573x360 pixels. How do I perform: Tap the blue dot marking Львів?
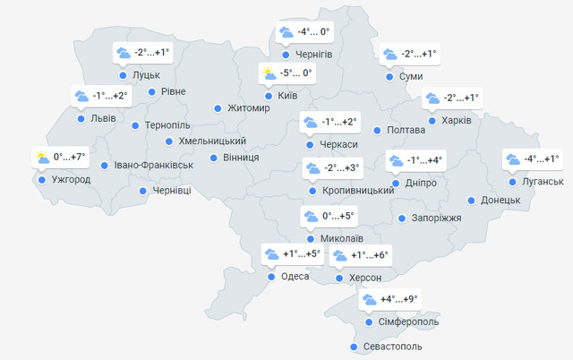[x=81, y=118]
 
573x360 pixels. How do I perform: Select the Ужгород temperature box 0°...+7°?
[x=60, y=158]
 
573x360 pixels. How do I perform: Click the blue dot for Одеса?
[x=271, y=277]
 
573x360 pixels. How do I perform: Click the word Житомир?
[x=249, y=108]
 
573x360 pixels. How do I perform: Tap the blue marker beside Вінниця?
[x=214, y=158]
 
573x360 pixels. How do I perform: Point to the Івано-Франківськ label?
[x=153, y=166]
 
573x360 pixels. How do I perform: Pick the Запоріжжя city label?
[x=438, y=219]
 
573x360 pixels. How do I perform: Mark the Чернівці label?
[x=172, y=191]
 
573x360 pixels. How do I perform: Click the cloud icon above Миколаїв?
[x=311, y=217]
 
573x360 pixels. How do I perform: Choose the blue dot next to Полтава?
[x=377, y=131]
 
